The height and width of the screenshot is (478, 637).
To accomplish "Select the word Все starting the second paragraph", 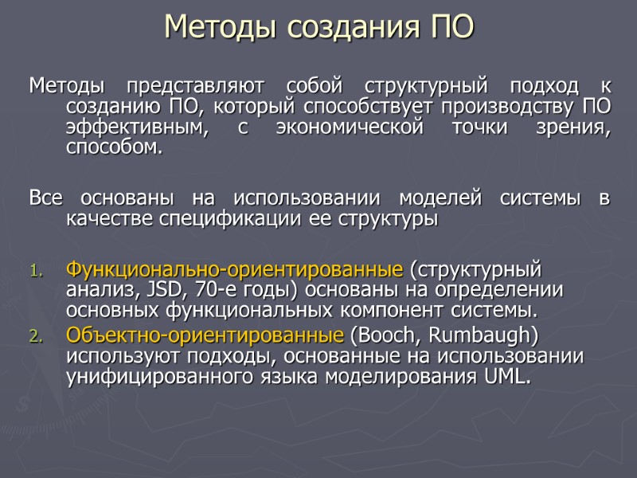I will click(x=47, y=198).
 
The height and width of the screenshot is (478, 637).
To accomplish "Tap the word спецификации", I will click(x=206, y=219).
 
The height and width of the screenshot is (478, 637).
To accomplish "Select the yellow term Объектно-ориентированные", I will click(x=206, y=334).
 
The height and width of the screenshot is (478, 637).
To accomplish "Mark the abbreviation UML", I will click(x=506, y=377).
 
